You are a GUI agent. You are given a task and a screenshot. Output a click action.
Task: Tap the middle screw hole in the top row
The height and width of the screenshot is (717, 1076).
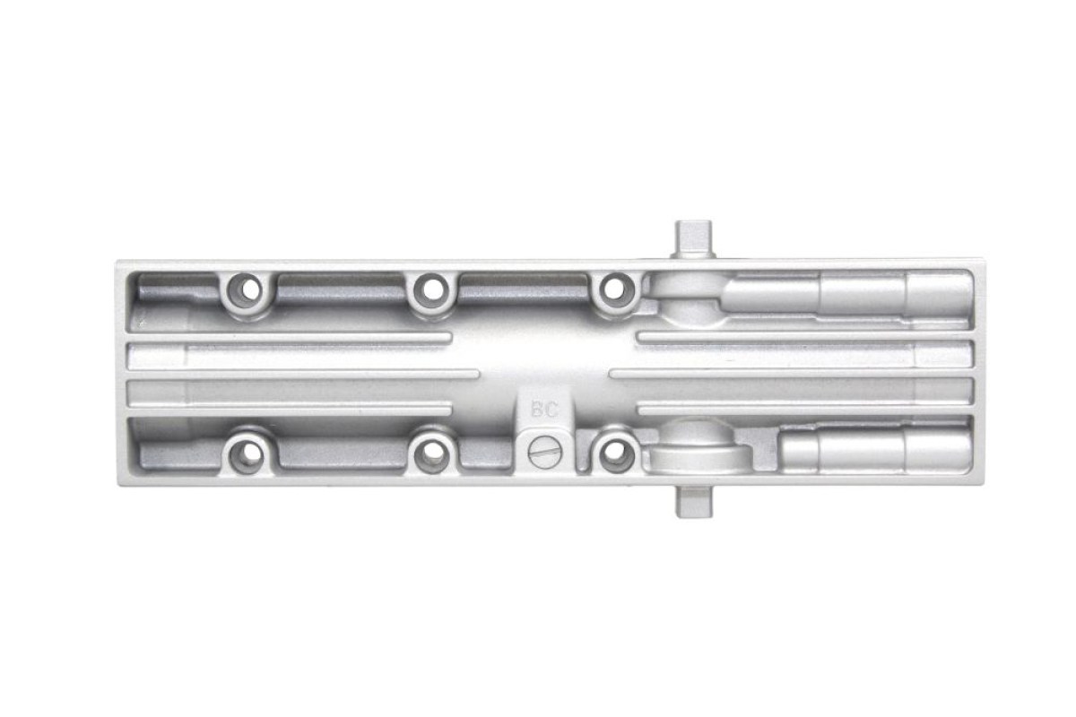coord(432,289)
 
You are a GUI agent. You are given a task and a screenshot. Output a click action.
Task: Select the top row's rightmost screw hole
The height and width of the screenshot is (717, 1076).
coord(614,289)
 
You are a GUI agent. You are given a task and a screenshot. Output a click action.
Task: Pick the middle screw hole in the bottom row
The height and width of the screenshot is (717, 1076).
coord(432,452)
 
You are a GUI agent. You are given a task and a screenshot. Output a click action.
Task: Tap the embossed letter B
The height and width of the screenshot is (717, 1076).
coord(537,410)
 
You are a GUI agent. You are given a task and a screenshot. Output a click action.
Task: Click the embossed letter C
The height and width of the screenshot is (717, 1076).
coord(551,410)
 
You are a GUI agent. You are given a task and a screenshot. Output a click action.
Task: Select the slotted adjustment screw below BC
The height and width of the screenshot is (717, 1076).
coord(546,452)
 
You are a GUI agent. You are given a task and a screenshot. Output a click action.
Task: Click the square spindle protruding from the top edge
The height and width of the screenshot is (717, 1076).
coord(694,239)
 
